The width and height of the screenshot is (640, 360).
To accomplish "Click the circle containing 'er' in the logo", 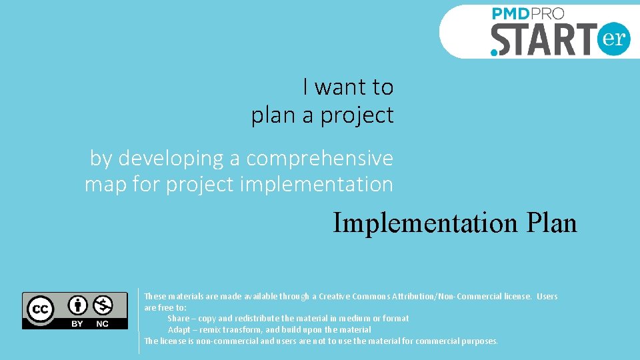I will (x=613, y=38).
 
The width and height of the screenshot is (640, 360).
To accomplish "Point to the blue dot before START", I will (x=494, y=51).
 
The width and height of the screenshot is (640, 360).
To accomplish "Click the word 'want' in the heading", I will (x=341, y=87).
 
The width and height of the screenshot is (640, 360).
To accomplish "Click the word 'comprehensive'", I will (x=319, y=159).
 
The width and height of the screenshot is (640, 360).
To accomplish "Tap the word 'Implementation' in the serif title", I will (x=424, y=223).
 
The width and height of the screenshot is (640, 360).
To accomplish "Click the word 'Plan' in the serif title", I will (x=549, y=223).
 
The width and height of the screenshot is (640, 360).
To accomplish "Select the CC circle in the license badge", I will (x=40, y=309).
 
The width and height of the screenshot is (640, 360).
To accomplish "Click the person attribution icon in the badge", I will (x=79, y=305).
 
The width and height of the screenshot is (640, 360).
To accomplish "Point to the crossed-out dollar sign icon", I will (x=103, y=305).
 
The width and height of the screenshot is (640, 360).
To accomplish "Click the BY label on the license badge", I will (x=77, y=323).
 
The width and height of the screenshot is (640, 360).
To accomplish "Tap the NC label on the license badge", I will (x=102, y=323).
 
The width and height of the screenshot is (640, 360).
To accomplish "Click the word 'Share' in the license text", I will (x=178, y=319).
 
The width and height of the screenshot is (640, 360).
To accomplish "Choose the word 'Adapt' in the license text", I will (x=179, y=330).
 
